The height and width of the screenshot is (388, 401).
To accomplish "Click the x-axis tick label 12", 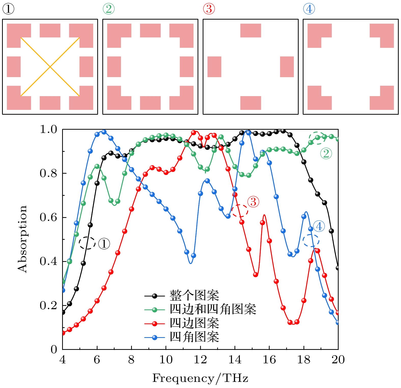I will point(200,360).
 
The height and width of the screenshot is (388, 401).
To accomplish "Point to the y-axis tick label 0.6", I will point(48,217).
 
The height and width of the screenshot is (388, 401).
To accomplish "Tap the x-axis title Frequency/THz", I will point(200,378).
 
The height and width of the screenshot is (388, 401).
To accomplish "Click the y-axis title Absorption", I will point(22,239).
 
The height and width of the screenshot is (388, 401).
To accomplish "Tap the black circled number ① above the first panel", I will point(8,9).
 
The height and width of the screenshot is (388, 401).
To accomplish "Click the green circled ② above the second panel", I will point(109,9).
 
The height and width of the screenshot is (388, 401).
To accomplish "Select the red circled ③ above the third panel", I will point(209,9).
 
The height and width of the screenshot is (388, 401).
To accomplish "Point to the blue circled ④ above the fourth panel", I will point(309,9).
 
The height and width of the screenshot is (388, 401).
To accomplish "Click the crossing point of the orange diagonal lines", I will point(50,67).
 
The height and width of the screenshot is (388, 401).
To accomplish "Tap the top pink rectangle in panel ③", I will point(251,31).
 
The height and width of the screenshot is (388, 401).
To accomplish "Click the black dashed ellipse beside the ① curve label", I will point(87,243).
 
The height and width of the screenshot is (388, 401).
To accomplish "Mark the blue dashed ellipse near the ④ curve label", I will point(311,240).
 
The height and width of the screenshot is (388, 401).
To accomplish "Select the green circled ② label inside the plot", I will point(326,154).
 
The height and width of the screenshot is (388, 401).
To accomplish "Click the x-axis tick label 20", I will point(338,360).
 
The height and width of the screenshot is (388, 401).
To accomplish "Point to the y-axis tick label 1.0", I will point(48,129).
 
